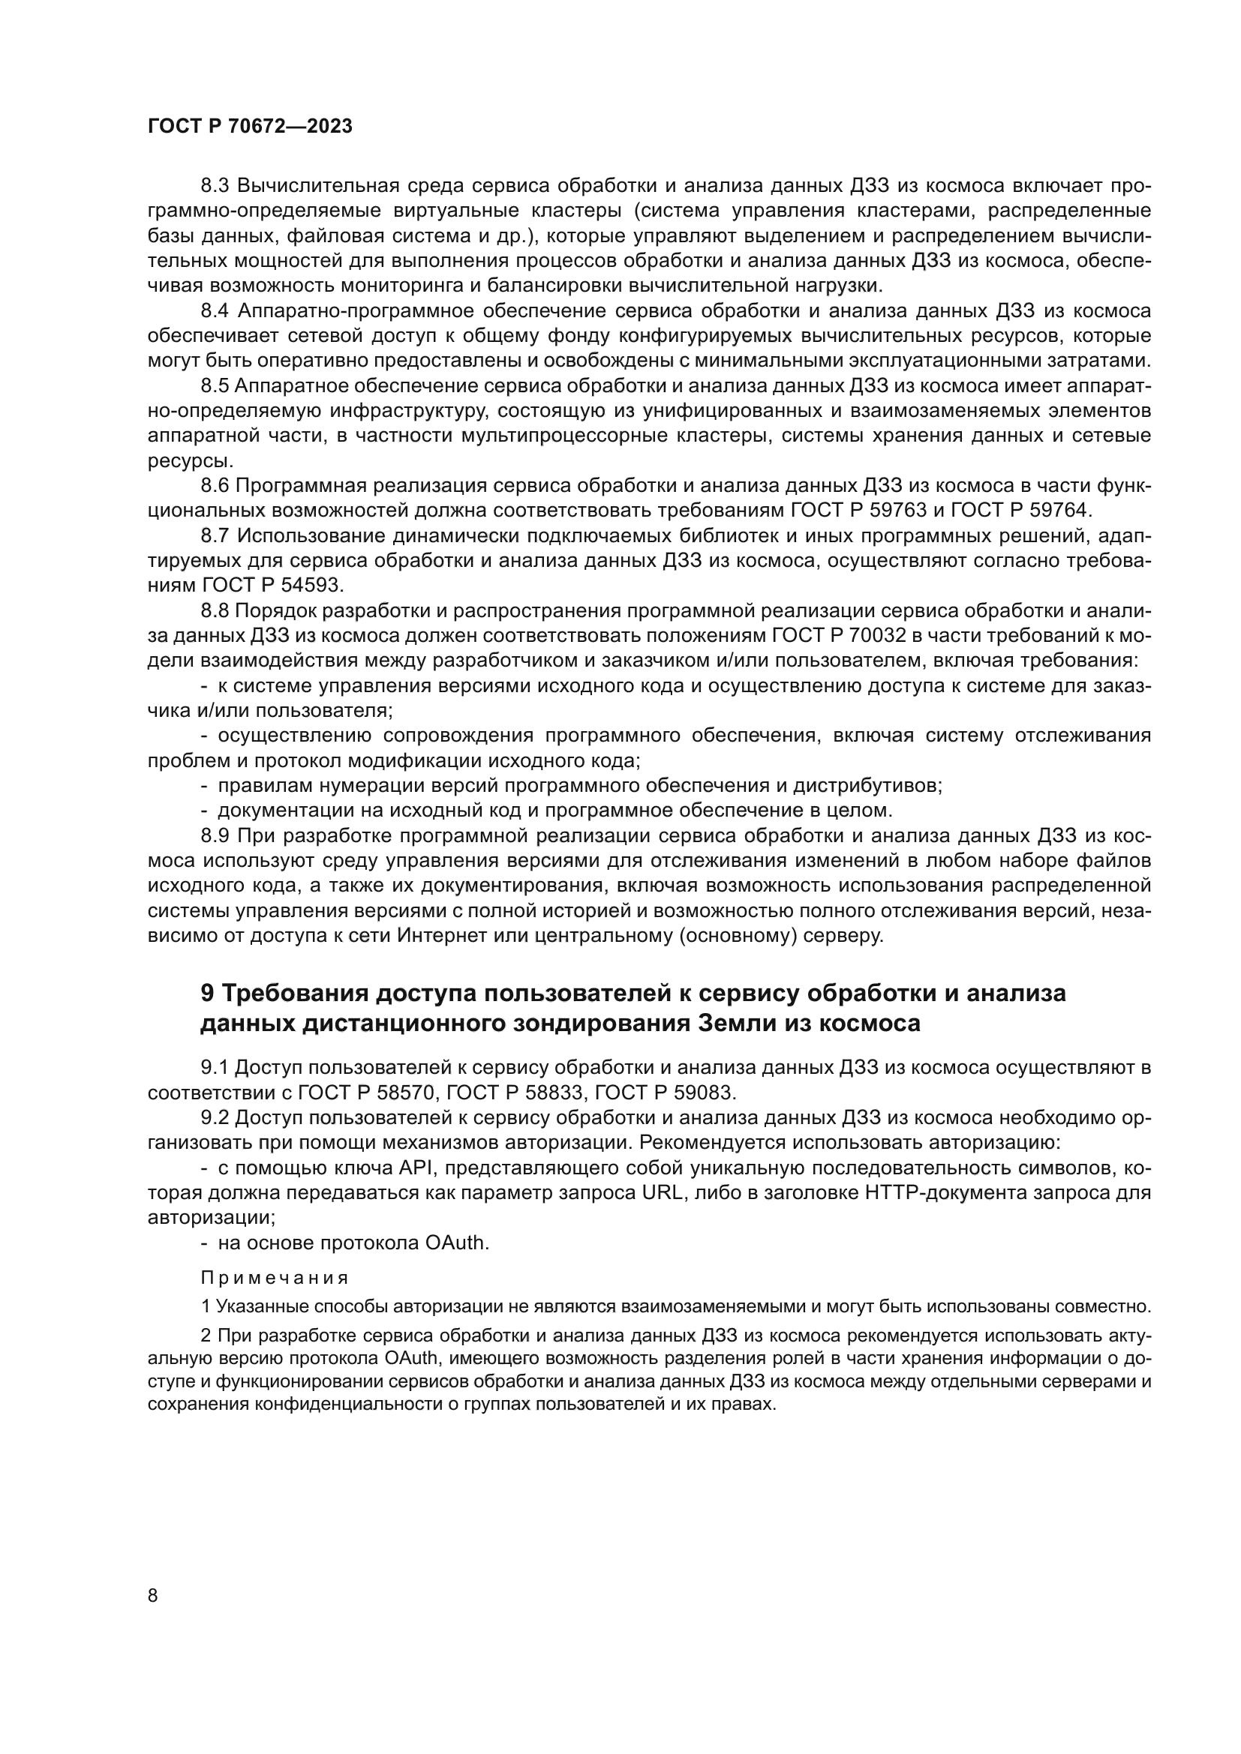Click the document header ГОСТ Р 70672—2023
[x=250, y=127]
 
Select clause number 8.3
[x=215, y=186]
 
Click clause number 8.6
[x=215, y=486]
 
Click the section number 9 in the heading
[x=206, y=993]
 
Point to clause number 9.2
[x=215, y=1117]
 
